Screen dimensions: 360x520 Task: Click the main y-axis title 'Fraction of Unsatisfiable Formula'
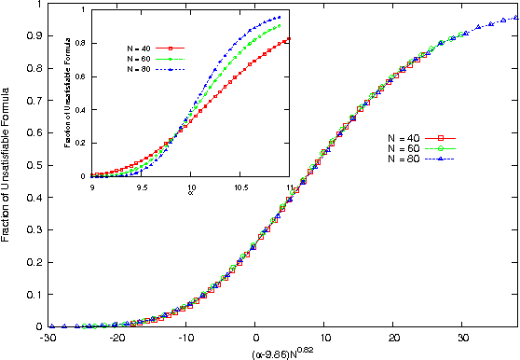(x=7, y=164)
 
